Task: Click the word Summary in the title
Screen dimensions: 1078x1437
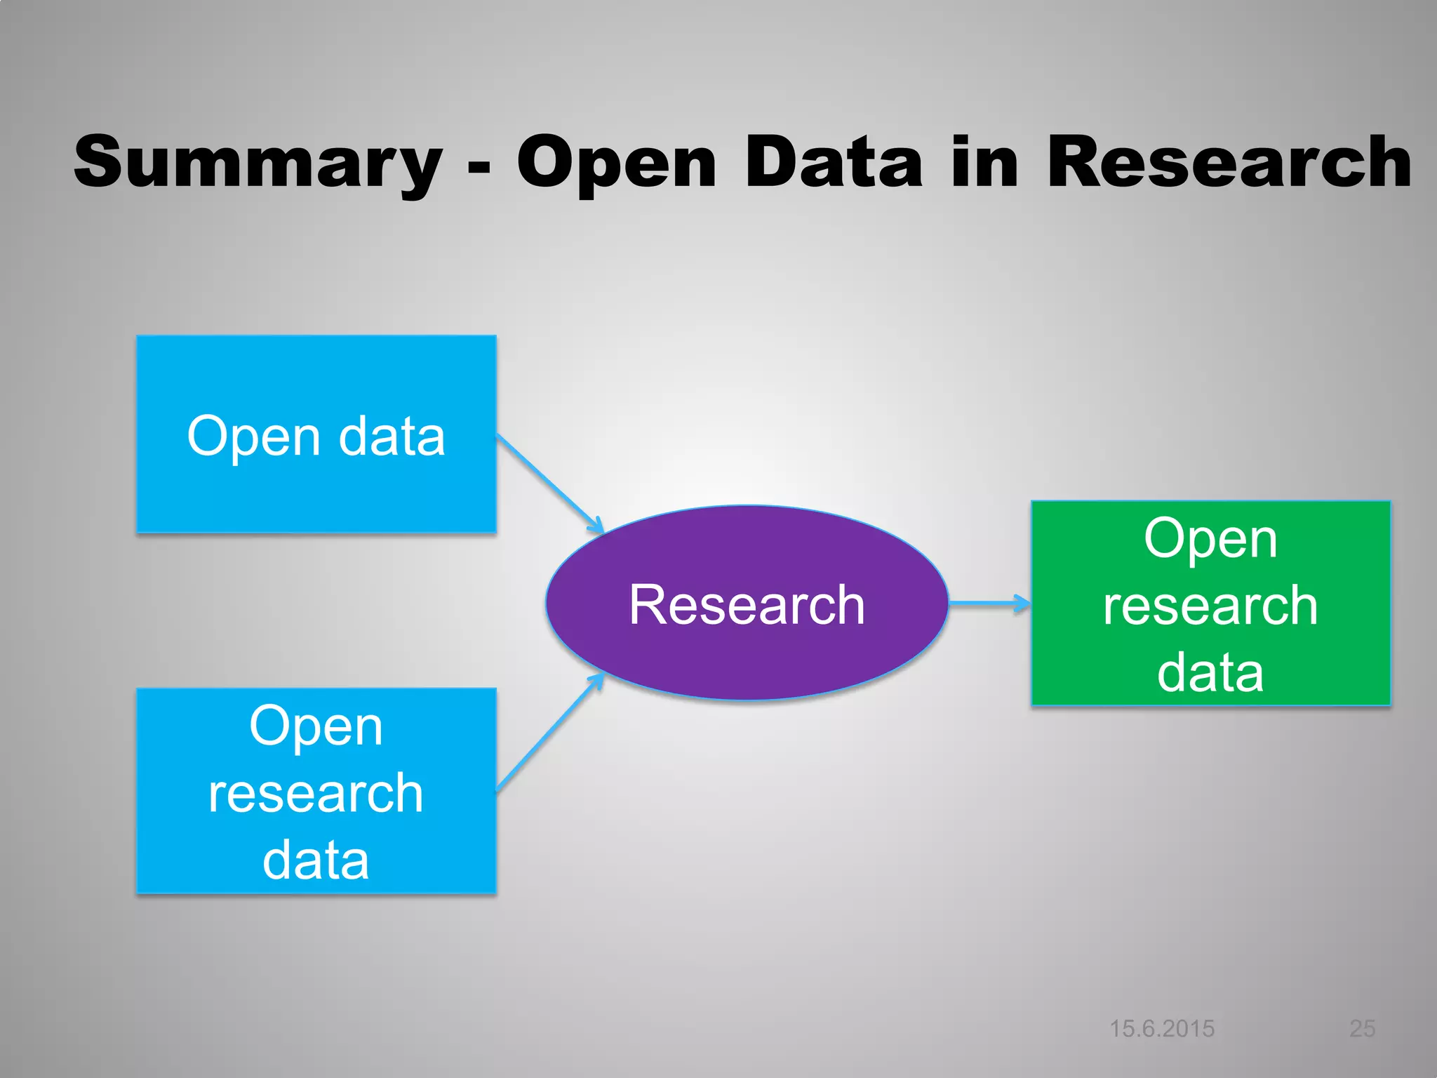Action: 258,163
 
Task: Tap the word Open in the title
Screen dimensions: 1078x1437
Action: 616,163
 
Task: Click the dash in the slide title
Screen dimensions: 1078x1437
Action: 479,169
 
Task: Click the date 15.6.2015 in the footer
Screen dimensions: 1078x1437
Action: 1161,1028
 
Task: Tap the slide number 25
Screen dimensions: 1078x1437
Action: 1362,1028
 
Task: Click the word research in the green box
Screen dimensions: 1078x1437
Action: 1210,605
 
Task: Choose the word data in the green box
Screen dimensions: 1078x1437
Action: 1210,672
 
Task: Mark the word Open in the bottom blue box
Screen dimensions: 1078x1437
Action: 316,727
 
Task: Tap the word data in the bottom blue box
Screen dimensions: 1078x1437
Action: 316,860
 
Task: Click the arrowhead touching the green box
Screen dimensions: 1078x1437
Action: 1023,602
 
